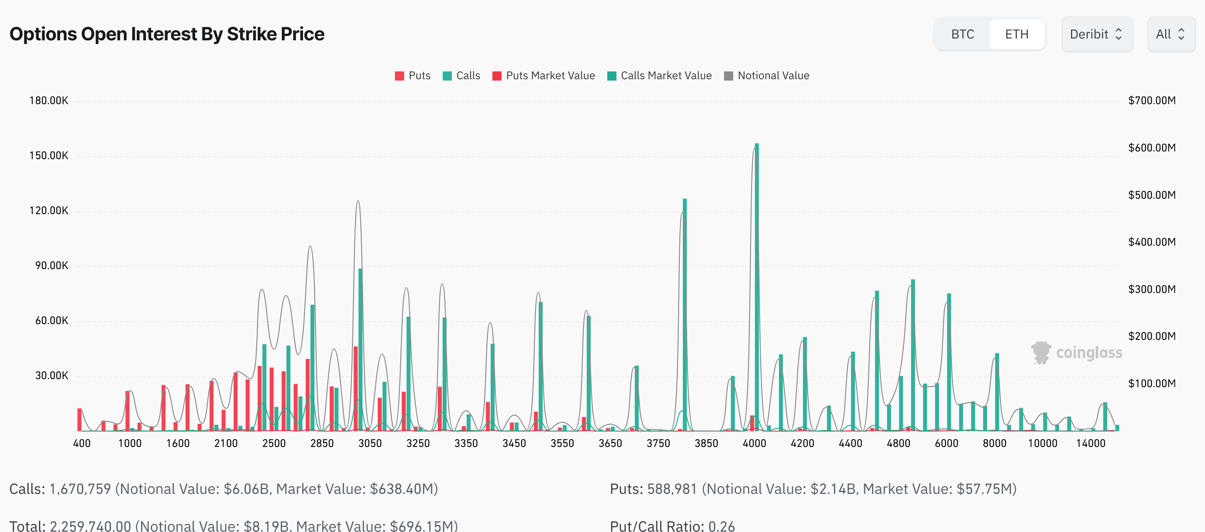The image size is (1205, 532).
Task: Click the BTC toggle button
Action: [x=962, y=34]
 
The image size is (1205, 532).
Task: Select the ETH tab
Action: [x=1017, y=34]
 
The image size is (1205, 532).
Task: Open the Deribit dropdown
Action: [x=1096, y=34]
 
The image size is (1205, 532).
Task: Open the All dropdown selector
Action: [x=1171, y=34]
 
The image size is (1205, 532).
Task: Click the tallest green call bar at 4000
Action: [x=757, y=285]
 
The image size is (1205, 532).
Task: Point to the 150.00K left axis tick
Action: [x=49, y=156]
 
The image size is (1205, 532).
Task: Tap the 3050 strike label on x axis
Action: [x=370, y=443]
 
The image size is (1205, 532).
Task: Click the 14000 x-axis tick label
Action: [x=1090, y=443]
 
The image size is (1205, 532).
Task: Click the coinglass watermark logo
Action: [x=1076, y=352]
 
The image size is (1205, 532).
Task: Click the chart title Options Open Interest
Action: [x=166, y=34]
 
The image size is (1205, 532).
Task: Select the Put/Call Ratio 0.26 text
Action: [x=672, y=526]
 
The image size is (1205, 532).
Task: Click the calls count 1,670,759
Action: [x=80, y=489]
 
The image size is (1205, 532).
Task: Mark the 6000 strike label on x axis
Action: [x=946, y=443]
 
